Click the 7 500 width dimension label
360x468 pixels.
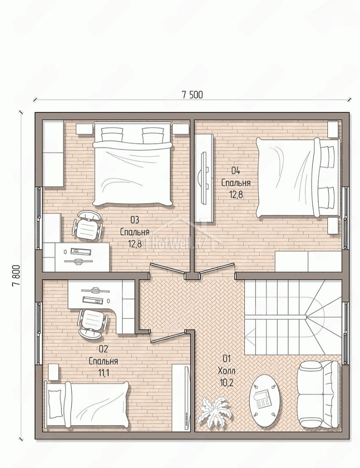[x=192, y=94]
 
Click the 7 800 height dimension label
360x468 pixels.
[x=16, y=276]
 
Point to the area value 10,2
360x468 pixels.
[x=226, y=383]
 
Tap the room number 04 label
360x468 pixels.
[x=236, y=171]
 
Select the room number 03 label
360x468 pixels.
[x=135, y=220]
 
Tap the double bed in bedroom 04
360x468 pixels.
[x=298, y=178]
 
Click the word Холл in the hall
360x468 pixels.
[x=226, y=371]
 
